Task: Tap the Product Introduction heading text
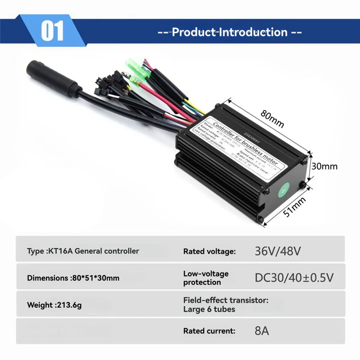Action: pos(229,32)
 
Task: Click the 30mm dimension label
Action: pos(324,166)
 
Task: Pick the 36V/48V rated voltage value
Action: pos(277,251)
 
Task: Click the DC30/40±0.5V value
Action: pos(294,278)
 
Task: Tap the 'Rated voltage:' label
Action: pos(209,252)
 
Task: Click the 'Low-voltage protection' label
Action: pos(206,278)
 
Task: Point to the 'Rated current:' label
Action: pos(209,331)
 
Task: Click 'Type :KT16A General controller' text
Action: pos(83,251)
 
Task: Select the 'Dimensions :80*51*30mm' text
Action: pos(73,278)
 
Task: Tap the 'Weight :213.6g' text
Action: pos(55,305)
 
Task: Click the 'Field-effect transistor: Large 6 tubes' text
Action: pos(225,304)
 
